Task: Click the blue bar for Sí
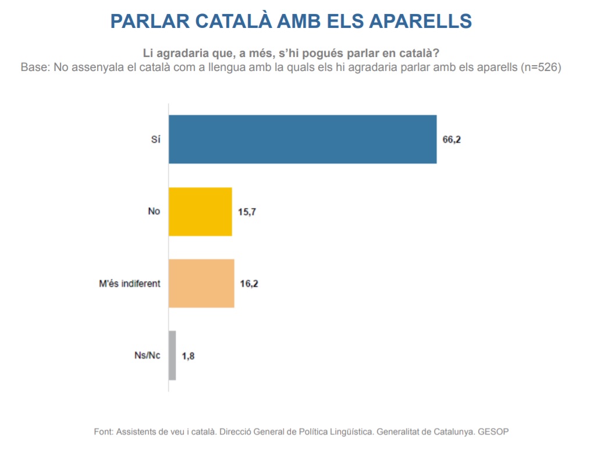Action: coord(303,139)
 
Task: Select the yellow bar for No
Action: coord(200,212)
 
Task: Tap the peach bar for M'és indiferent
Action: coord(201,283)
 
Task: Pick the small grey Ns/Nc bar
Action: coord(172,355)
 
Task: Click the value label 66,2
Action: coord(452,140)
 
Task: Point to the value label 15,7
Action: coord(247,212)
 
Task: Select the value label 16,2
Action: coord(249,284)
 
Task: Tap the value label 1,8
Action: coord(188,356)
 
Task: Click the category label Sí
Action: coord(155,140)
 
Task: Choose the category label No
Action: coord(154,212)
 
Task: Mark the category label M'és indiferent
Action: coord(129,284)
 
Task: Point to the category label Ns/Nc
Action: coord(147,356)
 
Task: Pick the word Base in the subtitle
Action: coord(34,67)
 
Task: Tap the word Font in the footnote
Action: coord(103,432)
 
